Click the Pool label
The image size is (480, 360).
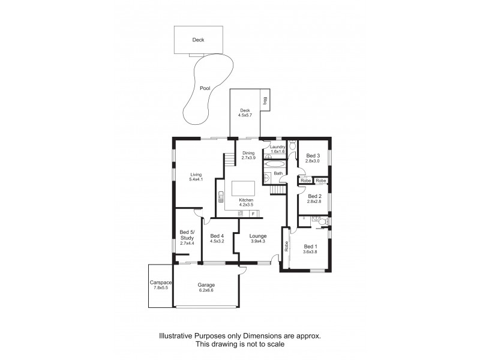pyautogui.click(x=205, y=88)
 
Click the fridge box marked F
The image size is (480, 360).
pyautogui.click(x=253, y=214)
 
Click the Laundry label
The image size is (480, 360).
pyautogui.click(x=277, y=147)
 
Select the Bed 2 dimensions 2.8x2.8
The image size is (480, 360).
pyautogui.click(x=314, y=202)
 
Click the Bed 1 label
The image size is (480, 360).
pyautogui.click(x=310, y=246)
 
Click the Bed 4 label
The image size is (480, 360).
pyautogui.click(x=217, y=236)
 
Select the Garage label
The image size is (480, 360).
pyautogui.click(x=206, y=285)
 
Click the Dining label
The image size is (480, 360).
pyautogui.click(x=248, y=153)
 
